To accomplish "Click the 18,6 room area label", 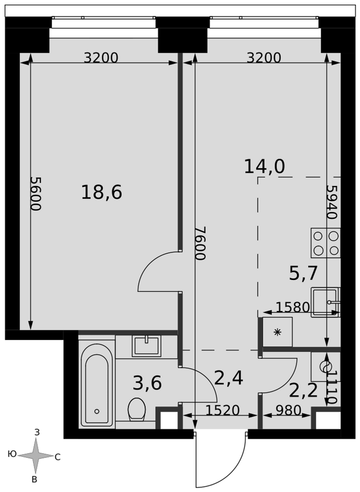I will pos(101,192).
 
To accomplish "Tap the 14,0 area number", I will pos(265,167).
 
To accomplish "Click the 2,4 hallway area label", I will pos(229,378).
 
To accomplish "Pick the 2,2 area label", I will pos(303,391).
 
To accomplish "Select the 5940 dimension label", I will pos(331,202).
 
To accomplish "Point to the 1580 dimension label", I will pos(292,308).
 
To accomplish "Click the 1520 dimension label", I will pos(222,410).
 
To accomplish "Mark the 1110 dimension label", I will pos(332,387).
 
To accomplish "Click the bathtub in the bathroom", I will pos(97,384).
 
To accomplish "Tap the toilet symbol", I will pos(136,409).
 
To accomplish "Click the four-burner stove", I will pos(326,243).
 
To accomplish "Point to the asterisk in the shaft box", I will pos(277,332).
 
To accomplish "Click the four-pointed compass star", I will pos(36,456).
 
